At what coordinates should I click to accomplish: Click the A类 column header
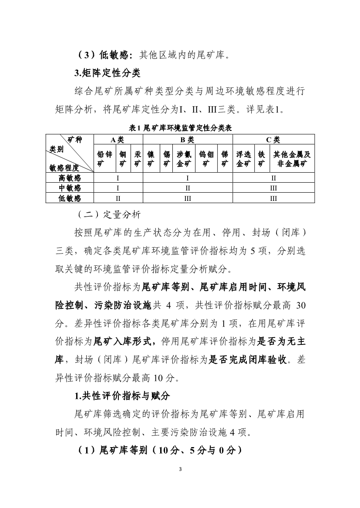[x=118, y=140]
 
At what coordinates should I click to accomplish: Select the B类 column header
[x=188, y=140]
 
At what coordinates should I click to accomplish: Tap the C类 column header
[x=273, y=140]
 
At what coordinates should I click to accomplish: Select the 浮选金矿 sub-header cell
[x=243, y=159]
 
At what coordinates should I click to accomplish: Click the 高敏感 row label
[x=70, y=178]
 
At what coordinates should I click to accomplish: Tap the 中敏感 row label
[x=70, y=188]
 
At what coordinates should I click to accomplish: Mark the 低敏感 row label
[x=70, y=198]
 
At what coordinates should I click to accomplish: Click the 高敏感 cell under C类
[x=273, y=178]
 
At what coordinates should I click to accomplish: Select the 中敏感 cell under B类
[x=188, y=188]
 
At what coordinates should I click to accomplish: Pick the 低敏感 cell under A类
[x=118, y=198]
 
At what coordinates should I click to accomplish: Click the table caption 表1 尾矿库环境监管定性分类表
[x=180, y=128]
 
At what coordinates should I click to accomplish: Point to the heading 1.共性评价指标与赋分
[x=122, y=395]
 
